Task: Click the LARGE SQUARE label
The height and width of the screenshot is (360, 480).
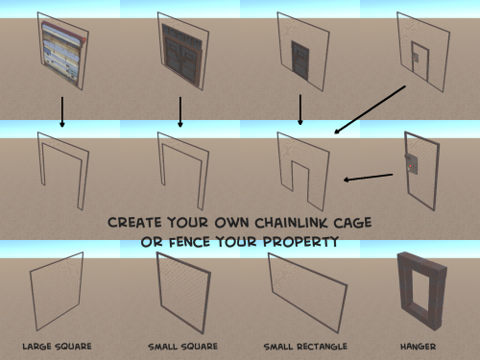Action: point(57,347)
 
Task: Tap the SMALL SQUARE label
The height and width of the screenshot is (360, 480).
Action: point(182,347)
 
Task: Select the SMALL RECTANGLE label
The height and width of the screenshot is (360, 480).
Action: point(305,347)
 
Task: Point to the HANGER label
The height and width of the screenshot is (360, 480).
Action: point(418,347)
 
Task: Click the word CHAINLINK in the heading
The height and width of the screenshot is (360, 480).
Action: point(291,223)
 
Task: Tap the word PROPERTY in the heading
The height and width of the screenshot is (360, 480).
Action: point(300,242)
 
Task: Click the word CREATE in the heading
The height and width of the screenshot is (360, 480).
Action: point(134,223)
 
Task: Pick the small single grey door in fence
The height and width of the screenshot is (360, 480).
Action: point(300,60)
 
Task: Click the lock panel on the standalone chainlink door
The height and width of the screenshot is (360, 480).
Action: point(412,164)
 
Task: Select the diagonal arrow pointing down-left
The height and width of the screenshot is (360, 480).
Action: point(370,109)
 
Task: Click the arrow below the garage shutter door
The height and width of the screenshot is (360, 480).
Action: point(62,112)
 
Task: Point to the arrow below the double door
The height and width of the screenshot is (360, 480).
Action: point(180,112)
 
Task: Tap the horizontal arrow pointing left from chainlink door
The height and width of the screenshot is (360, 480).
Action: point(368,178)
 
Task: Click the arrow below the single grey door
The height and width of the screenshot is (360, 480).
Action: point(300,109)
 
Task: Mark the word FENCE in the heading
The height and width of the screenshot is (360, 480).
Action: point(189,242)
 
